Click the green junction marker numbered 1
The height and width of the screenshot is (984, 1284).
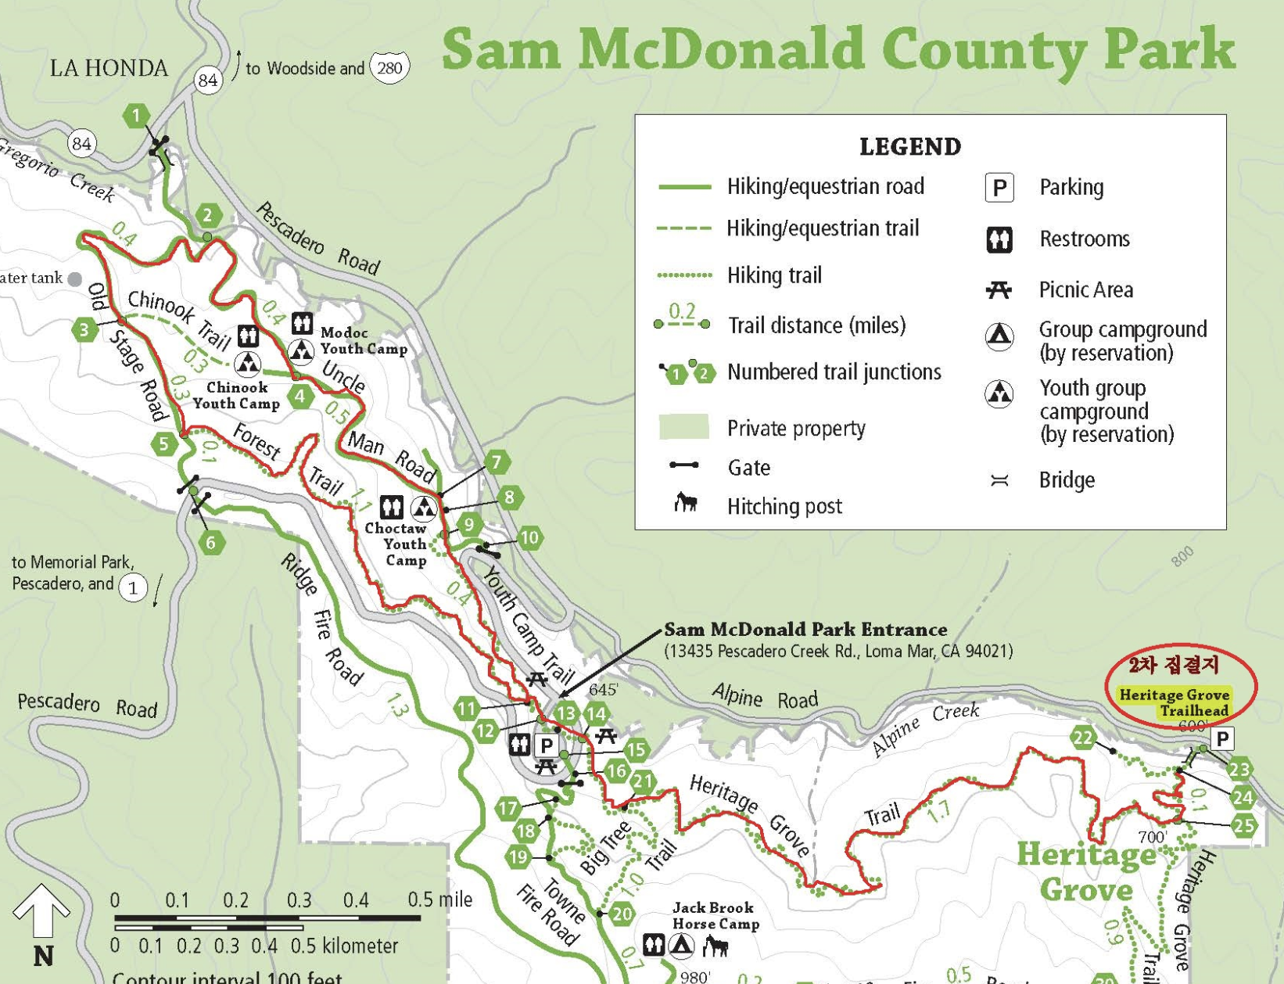[136, 116]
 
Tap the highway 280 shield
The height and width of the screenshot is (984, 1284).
[389, 68]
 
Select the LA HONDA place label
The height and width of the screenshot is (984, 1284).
[109, 68]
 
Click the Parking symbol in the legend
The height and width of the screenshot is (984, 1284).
[999, 188]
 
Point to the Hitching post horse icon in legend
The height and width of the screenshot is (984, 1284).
[686, 502]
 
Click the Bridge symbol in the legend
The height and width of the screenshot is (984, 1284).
[999, 480]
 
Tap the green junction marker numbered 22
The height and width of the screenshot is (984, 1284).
[1083, 738]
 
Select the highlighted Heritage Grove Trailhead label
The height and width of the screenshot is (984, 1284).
[1174, 702]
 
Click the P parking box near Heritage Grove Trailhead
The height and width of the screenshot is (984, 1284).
[1221, 738]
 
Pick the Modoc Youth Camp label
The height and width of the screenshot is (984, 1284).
[364, 341]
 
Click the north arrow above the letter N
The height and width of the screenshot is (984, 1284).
[41, 910]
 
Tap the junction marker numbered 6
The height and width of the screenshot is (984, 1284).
[211, 542]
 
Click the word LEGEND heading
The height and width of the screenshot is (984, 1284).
[909, 146]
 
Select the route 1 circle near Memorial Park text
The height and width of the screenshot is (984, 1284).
[133, 588]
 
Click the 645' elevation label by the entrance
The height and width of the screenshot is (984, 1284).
[603, 689]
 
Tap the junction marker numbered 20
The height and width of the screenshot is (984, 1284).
[622, 914]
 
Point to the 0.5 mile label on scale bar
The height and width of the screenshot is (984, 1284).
[439, 900]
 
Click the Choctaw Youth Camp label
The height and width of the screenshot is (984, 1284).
[396, 544]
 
